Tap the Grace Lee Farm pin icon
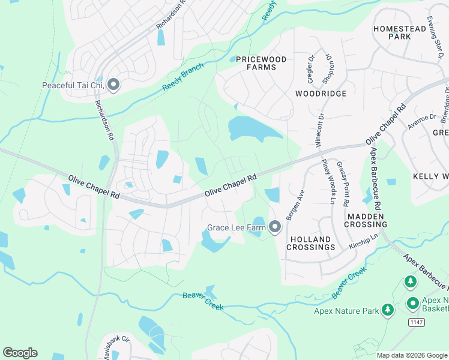pyautogui.click(x=275, y=227)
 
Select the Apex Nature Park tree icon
pyautogui.click(x=388, y=310)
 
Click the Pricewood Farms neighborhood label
pyautogui.click(x=261, y=63)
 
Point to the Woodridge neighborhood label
pyautogui.click(x=321, y=94)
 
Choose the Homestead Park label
pyautogui.click(x=392, y=32)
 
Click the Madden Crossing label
pyautogui.click(x=366, y=220)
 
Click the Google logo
pyautogui.click(x=20, y=353)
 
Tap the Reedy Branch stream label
pyautogui.click(x=182, y=78)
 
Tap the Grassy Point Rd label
pyautogui.click(x=342, y=184)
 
